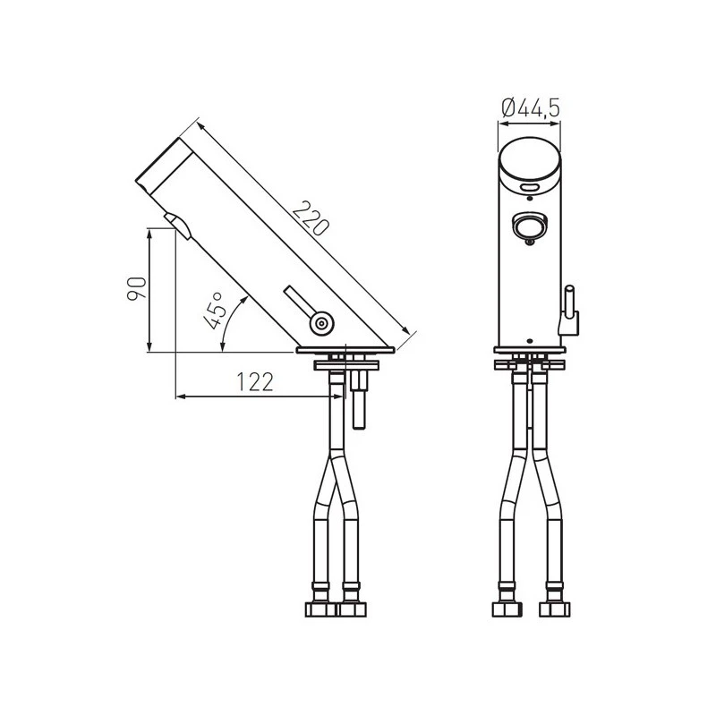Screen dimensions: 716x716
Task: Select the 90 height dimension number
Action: click(x=136, y=290)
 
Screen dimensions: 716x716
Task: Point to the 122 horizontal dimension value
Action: click(x=254, y=382)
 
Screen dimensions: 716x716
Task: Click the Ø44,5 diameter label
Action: click(x=531, y=108)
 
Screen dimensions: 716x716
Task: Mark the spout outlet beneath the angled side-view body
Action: click(x=176, y=225)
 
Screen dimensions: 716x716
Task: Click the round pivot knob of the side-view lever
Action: click(x=321, y=321)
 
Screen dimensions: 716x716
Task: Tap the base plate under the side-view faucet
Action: click(x=345, y=350)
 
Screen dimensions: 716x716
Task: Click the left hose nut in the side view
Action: click(x=320, y=609)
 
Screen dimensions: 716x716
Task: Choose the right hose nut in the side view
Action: click(x=352, y=609)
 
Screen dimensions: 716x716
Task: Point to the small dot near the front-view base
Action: click(x=530, y=341)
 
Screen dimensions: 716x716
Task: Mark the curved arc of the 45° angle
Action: click(x=234, y=320)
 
